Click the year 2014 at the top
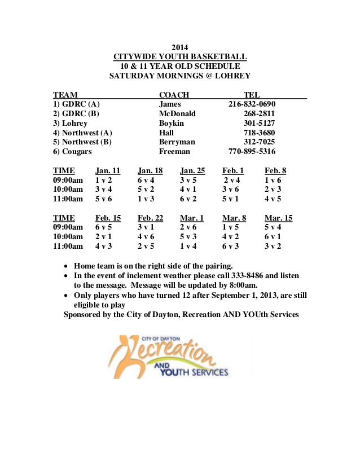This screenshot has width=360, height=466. click(x=180, y=47)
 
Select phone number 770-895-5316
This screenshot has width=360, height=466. click(x=252, y=152)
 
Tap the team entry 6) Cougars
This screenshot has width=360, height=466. click(x=72, y=152)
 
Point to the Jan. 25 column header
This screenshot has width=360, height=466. click(x=192, y=171)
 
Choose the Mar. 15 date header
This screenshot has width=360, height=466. click(x=278, y=218)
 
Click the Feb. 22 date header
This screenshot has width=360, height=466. click(x=150, y=218)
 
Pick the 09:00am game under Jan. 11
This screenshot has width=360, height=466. click(x=104, y=181)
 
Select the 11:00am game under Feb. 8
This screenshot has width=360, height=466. click(x=273, y=199)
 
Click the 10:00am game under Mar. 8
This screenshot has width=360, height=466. click(x=231, y=237)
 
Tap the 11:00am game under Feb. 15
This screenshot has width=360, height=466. click(x=104, y=247)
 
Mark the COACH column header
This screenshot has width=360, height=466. click(x=174, y=95)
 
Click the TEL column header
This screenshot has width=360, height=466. click(x=252, y=95)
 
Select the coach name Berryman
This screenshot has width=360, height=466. click(x=177, y=142)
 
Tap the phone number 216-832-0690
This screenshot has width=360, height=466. click(x=252, y=104)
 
